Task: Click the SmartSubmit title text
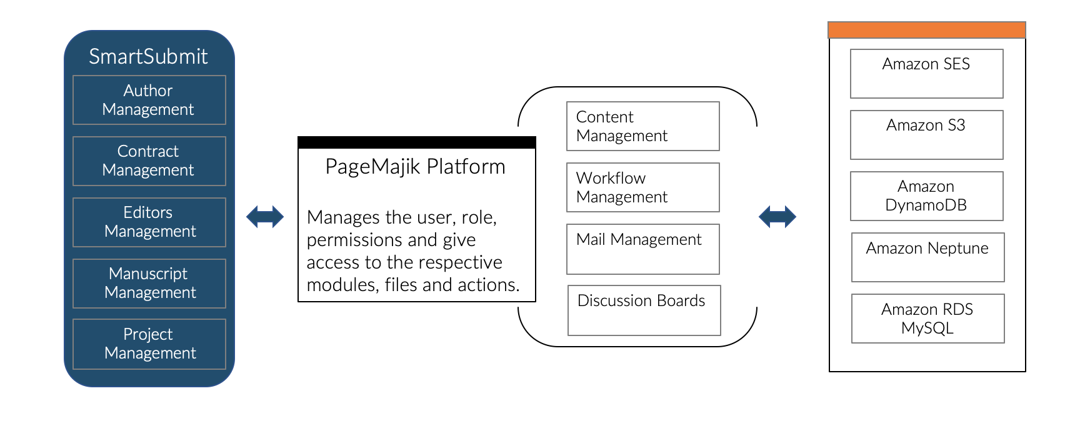point(148,56)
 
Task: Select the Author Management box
point(149,100)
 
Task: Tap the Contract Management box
point(149,161)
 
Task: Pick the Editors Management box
point(149,222)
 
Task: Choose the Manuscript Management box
point(149,283)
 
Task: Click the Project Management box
point(149,344)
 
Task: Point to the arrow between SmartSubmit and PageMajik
point(265,217)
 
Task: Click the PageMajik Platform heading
point(415,167)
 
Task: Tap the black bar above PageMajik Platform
point(417,142)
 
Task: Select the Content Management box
point(642,126)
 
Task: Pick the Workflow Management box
point(642,187)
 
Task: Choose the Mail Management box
point(642,249)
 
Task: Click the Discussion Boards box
point(644,310)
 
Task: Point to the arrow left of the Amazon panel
point(777,217)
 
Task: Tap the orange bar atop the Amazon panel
point(926,30)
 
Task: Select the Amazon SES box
point(926,73)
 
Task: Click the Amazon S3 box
point(926,134)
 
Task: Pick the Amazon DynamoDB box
point(926,196)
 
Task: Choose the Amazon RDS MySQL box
point(927,318)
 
